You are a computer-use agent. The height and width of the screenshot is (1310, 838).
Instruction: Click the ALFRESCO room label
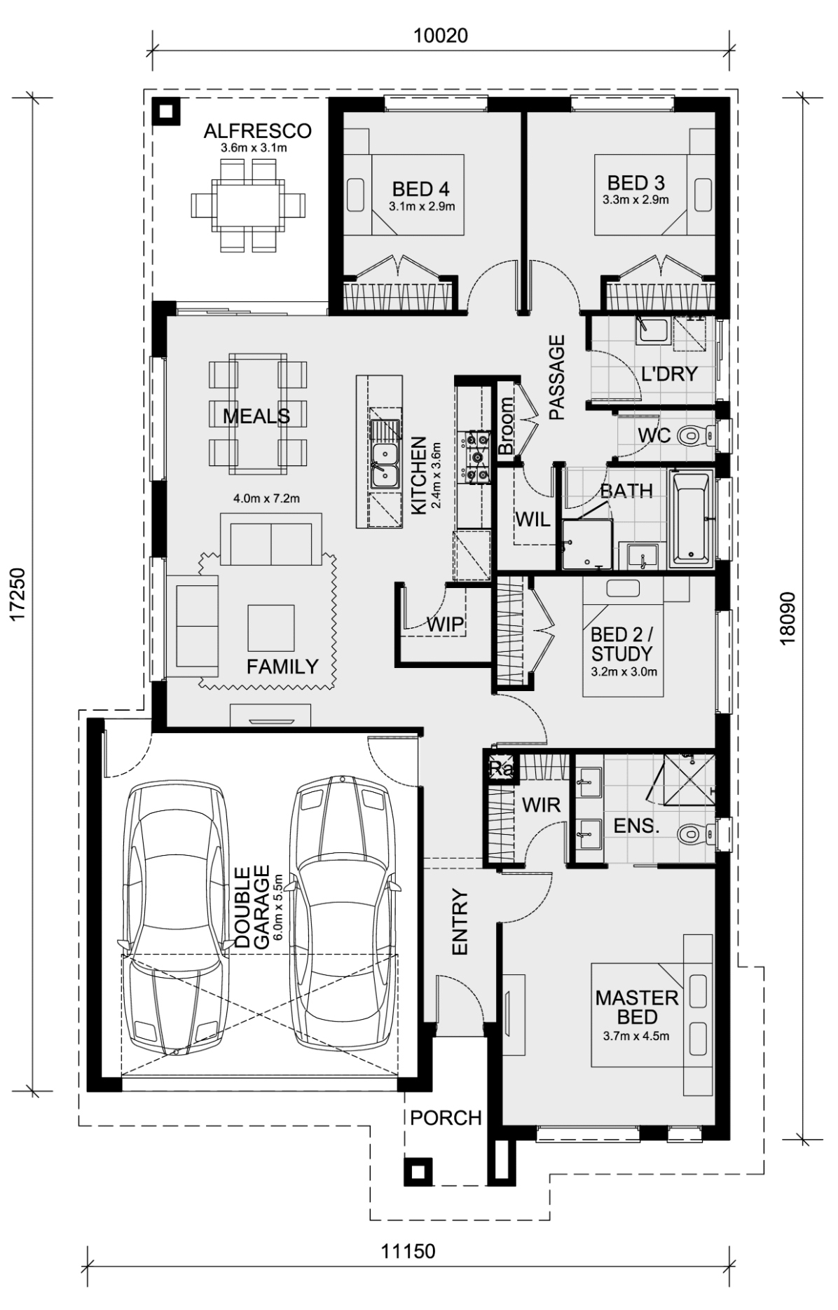pyautogui.click(x=257, y=131)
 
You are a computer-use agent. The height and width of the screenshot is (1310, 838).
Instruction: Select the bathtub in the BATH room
pyautogui.click(x=691, y=519)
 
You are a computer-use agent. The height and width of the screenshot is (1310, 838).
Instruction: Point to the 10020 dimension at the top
pyautogui.click(x=440, y=36)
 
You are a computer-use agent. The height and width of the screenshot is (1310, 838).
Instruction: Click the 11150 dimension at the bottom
pyautogui.click(x=408, y=1251)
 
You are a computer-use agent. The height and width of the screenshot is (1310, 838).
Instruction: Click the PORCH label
pyautogui.click(x=446, y=1118)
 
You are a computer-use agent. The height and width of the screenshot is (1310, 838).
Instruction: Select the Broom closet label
pyautogui.click(x=506, y=426)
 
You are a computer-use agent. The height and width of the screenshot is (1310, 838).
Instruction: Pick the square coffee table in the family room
pyautogui.click(x=270, y=628)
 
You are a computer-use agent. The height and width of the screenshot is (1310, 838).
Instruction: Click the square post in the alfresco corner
pyautogui.click(x=167, y=111)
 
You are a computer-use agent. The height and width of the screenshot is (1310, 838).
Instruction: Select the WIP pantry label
pyautogui.click(x=445, y=624)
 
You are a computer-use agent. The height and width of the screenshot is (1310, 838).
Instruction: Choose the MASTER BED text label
pyautogui.click(x=637, y=1007)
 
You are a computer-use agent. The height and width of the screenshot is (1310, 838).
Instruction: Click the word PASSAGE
pyautogui.click(x=556, y=378)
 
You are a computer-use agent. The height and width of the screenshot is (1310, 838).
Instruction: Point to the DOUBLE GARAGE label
pyautogui.click(x=252, y=908)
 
